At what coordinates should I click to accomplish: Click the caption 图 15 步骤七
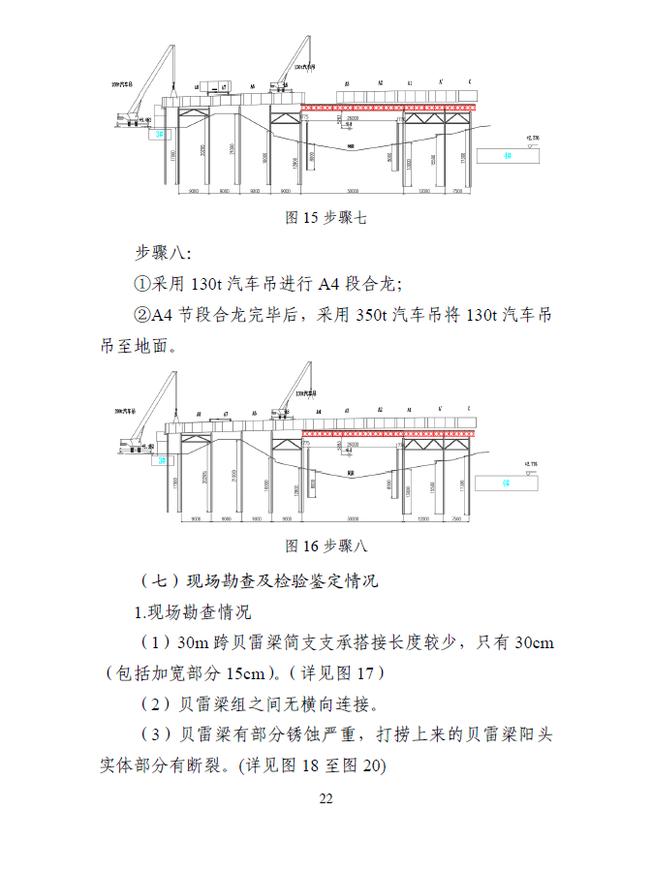pos(326,219)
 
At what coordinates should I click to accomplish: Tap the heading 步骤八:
pos(163,254)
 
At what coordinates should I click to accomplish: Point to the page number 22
pos(326,799)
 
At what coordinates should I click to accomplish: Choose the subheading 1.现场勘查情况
pos(192,612)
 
